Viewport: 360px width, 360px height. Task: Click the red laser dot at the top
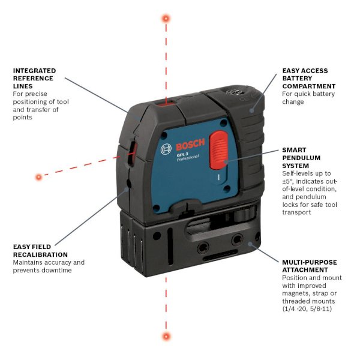click(166, 19)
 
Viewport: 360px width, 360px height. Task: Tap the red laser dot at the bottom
click(166, 336)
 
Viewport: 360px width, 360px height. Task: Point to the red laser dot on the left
click(39, 176)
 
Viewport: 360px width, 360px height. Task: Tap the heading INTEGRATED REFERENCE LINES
click(34, 79)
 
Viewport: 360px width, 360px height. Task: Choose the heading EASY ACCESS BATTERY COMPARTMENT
click(308, 79)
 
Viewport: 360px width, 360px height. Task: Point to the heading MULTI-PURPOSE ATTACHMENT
click(309, 266)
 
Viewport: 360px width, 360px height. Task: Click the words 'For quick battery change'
click(308, 98)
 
